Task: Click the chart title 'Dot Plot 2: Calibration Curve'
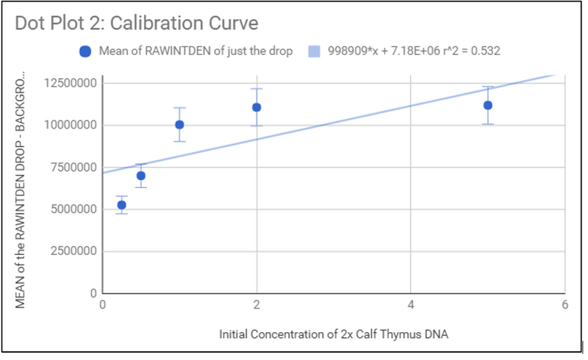[x=136, y=23]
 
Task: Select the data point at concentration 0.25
[x=121, y=205]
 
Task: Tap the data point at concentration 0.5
[x=141, y=176]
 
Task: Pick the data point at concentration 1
[x=179, y=125]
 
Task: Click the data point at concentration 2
[x=257, y=107]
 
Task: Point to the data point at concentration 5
[x=487, y=105]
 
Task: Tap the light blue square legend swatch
[x=314, y=51]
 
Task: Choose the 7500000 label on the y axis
[x=70, y=168]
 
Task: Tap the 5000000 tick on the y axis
[x=70, y=209]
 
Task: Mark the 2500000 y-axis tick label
[x=70, y=252]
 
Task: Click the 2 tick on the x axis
[x=257, y=304]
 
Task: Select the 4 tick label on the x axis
[x=411, y=304]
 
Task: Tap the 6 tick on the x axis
[x=564, y=304]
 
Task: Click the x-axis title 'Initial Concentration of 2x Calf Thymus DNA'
[x=334, y=335]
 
